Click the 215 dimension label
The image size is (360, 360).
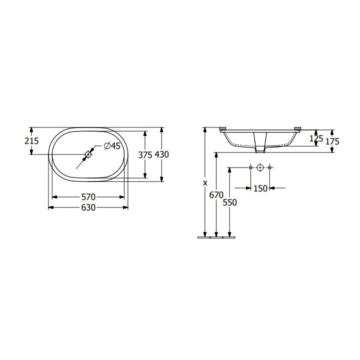31,140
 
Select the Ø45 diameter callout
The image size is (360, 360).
112,146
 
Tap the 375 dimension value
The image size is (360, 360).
145,155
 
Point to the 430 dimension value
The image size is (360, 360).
161,154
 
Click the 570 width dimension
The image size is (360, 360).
88,197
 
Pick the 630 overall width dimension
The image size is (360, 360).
88,207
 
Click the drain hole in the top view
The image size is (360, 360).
88,154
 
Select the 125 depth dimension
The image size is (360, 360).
316,138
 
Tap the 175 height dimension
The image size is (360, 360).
332,141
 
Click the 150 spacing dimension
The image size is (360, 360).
260,188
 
